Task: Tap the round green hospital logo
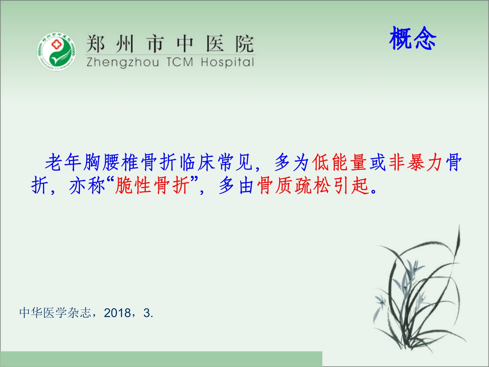pos(57,51)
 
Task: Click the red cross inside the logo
pos(56,44)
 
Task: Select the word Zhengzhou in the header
pos(123,63)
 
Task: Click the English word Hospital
pos(228,63)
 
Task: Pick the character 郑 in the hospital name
pos(95,44)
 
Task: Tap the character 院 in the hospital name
pos(244,44)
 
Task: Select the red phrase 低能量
pos(340,162)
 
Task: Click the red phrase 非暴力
pos(416,162)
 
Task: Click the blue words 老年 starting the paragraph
pos(63,162)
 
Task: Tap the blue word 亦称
pos(87,185)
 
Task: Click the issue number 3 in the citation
pos(147,313)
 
